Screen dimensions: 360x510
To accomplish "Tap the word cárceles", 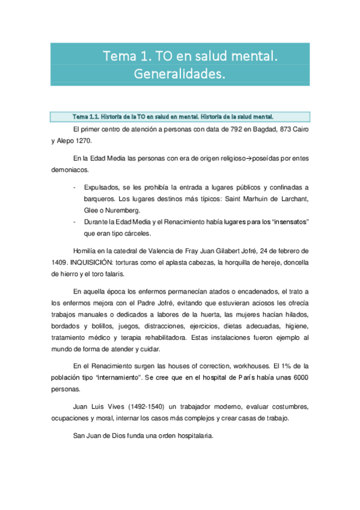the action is [137, 233].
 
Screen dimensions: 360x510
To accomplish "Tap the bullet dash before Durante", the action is [74, 222].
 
